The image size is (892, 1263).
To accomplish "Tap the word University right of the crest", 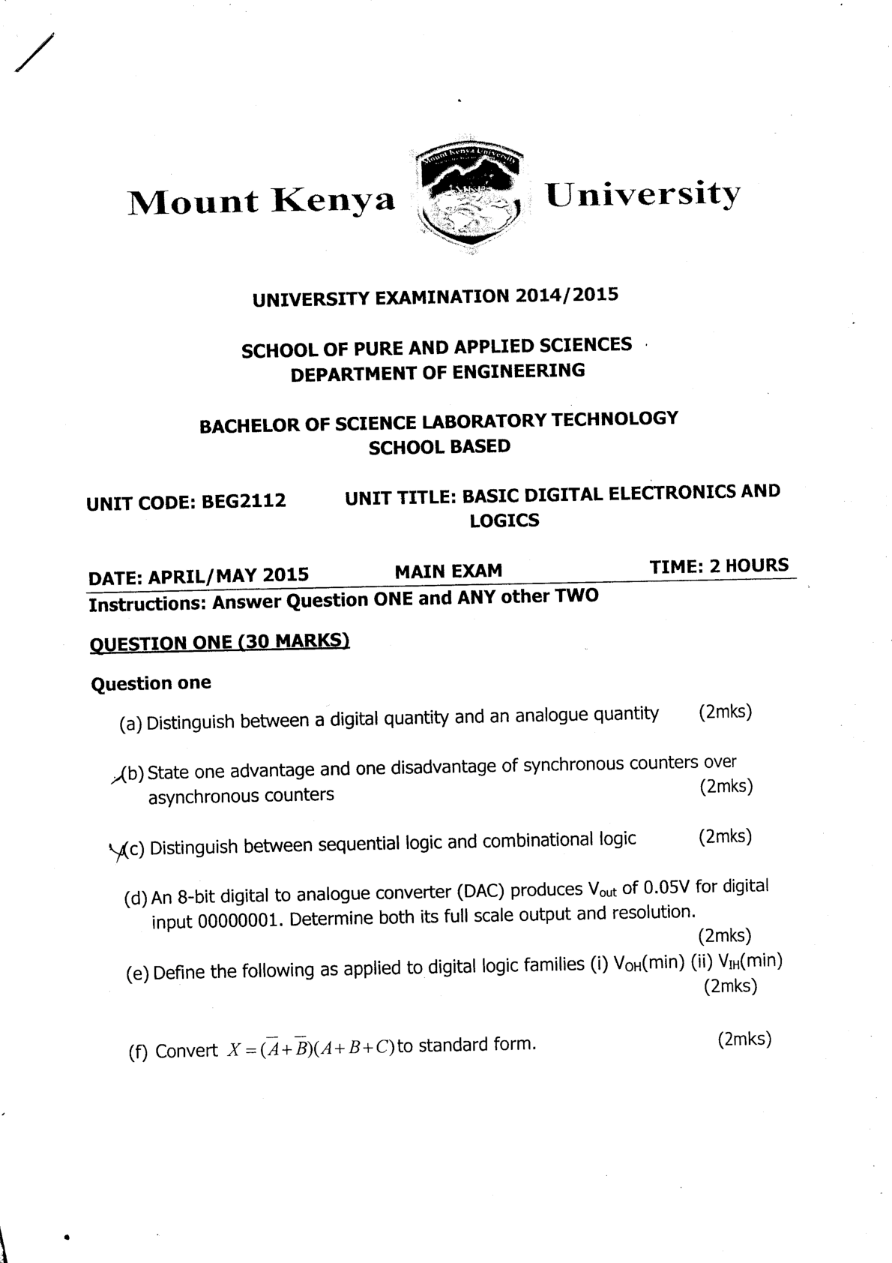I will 642,195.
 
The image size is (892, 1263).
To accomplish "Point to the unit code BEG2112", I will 244,500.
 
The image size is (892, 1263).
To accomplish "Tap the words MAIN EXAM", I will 448,571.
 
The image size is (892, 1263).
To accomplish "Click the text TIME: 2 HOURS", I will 719,565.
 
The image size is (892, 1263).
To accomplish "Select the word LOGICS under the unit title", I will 504,520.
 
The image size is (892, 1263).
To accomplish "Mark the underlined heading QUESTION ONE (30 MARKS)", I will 220,642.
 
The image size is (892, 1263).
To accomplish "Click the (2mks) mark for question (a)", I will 724,712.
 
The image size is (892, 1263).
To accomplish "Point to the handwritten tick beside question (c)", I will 118,850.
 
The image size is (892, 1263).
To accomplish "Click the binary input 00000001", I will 238,920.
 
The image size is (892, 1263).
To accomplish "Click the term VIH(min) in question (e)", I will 750,961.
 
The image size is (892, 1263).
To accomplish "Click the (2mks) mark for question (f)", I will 744,1039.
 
